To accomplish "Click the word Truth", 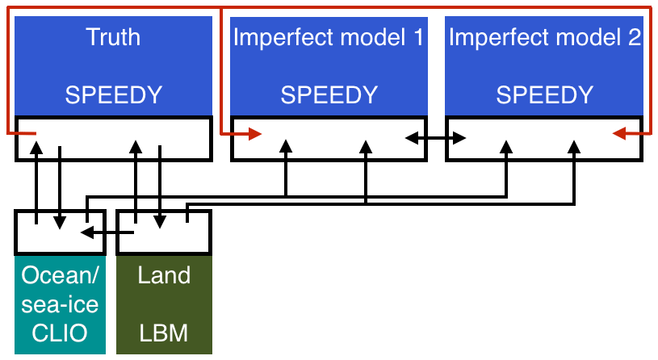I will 113,37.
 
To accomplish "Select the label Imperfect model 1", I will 329,37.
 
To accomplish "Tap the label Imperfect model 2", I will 544,37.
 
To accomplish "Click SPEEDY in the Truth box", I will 113,95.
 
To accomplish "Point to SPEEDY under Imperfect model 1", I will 329,95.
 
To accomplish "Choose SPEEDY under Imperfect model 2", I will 544,95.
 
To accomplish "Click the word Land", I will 164,275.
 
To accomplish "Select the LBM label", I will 164,333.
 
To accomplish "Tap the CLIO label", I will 60,333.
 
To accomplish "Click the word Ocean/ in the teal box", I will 60,275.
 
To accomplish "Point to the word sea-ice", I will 60,303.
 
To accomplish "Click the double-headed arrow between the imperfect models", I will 435,138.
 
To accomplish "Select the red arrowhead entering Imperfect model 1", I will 254,134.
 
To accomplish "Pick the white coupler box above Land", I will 164,232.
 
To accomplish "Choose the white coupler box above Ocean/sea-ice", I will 60,232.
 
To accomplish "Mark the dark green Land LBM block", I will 164,305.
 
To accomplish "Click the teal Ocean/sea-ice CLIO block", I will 60,305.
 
